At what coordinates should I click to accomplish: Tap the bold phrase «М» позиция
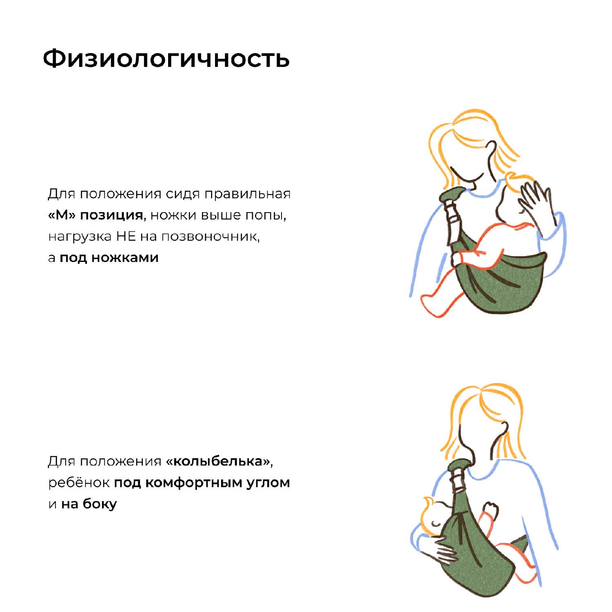(x=95, y=215)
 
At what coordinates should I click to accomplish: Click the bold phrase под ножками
(x=109, y=258)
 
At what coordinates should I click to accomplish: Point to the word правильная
(x=247, y=194)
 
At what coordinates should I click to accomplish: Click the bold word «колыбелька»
(x=218, y=461)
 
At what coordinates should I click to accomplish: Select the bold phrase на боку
(x=89, y=504)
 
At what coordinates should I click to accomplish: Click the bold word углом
(x=268, y=483)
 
